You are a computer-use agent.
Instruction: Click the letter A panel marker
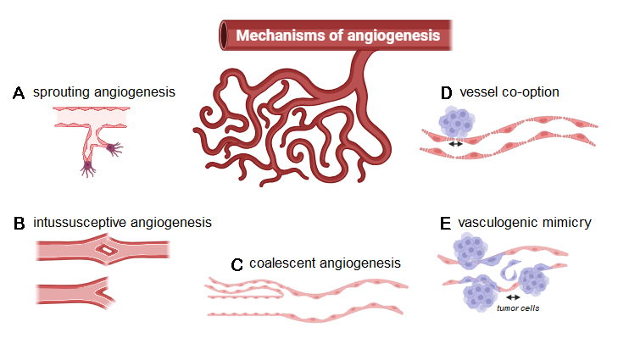point(19,93)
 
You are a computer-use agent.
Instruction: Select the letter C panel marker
point(237,264)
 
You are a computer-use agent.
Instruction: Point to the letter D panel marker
point(447,93)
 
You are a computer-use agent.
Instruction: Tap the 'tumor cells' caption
point(518,308)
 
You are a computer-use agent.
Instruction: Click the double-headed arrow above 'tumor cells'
point(513,297)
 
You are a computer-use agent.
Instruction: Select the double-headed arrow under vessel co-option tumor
point(456,144)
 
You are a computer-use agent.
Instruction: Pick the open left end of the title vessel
point(224,35)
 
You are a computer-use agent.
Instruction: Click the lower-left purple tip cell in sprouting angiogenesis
point(87,169)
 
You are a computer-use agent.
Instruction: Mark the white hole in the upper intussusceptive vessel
point(107,250)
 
